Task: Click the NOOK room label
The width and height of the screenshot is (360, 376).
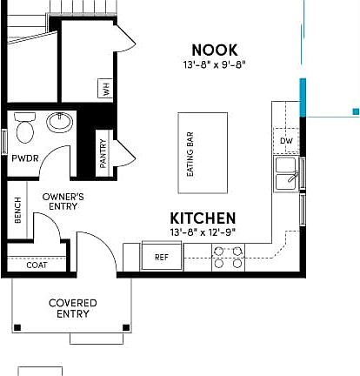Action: (x=214, y=50)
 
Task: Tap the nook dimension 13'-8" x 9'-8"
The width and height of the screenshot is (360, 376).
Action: (x=214, y=65)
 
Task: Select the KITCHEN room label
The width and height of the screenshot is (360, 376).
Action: (x=202, y=218)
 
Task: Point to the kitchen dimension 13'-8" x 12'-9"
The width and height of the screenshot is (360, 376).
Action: (x=202, y=232)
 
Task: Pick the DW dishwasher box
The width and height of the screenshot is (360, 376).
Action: (x=285, y=140)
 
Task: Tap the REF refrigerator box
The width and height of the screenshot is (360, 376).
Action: (x=161, y=257)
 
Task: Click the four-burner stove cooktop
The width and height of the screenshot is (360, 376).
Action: (x=228, y=257)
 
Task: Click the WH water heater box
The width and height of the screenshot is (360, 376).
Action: (x=106, y=89)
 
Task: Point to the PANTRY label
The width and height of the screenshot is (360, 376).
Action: (x=103, y=152)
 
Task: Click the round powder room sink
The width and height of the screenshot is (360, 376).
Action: (x=60, y=122)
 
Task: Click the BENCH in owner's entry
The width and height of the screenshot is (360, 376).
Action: (x=17, y=211)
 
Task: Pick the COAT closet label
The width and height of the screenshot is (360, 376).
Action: (x=36, y=265)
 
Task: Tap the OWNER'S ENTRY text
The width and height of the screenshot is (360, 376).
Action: (x=63, y=203)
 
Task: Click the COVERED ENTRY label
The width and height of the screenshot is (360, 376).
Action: (x=72, y=308)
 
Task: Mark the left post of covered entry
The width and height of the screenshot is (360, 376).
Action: (x=17, y=328)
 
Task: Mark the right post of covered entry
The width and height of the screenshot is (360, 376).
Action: (x=127, y=328)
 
